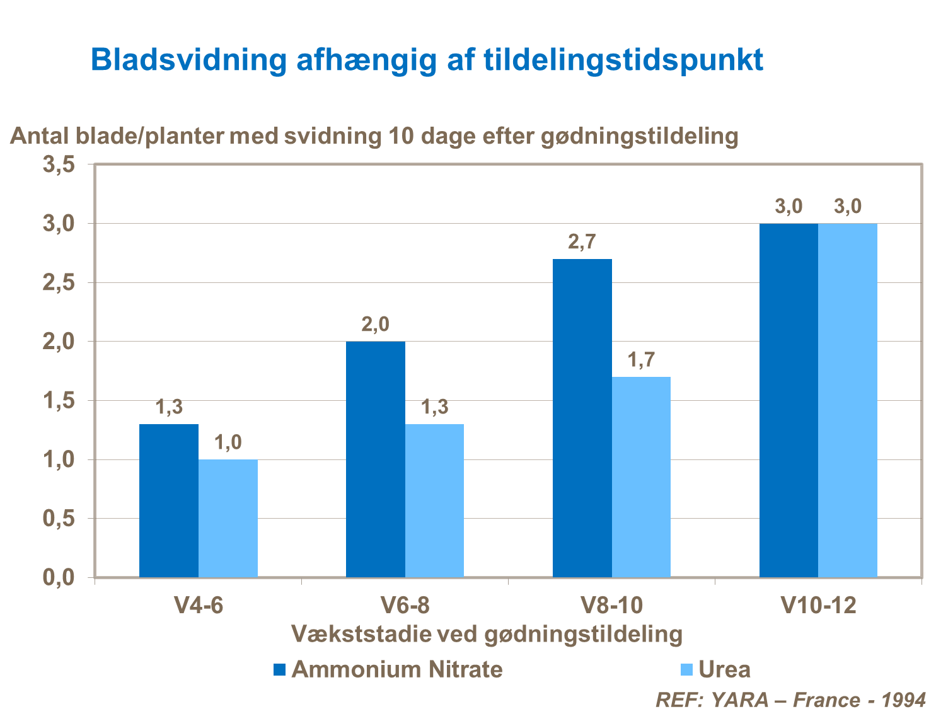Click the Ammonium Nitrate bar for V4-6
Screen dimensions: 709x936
pyautogui.click(x=169, y=500)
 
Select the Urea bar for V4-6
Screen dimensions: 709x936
pyautogui.click(x=228, y=518)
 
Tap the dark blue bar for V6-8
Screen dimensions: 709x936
pyautogui.click(x=376, y=459)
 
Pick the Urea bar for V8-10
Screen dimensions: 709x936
pyautogui.click(x=641, y=476)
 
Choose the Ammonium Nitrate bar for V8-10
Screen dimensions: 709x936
pyautogui.click(x=582, y=418)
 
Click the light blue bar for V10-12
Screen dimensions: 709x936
pyautogui.click(x=848, y=400)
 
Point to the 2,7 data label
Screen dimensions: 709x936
pyautogui.click(x=582, y=243)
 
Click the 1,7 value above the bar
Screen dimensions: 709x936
pyautogui.click(x=641, y=360)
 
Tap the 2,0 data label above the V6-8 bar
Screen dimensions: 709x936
pyautogui.click(x=376, y=325)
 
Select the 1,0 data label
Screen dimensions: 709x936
pyautogui.click(x=228, y=443)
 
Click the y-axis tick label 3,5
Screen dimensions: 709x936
pyautogui.click(x=59, y=165)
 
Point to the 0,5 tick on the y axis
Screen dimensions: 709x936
pyautogui.click(x=59, y=519)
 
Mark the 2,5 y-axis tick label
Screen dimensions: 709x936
pyautogui.click(x=59, y=283)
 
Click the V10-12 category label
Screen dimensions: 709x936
pyautogui.click(x=818, y=606)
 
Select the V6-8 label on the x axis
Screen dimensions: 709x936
pyautogui.click(x=405, y=606)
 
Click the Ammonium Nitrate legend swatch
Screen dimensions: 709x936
pyautogui.click(x=279, y=669)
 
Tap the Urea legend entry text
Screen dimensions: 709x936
pyautogui.click(x=725, y=669)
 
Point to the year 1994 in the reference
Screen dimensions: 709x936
pyautogui.click(x=903, y=700)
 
